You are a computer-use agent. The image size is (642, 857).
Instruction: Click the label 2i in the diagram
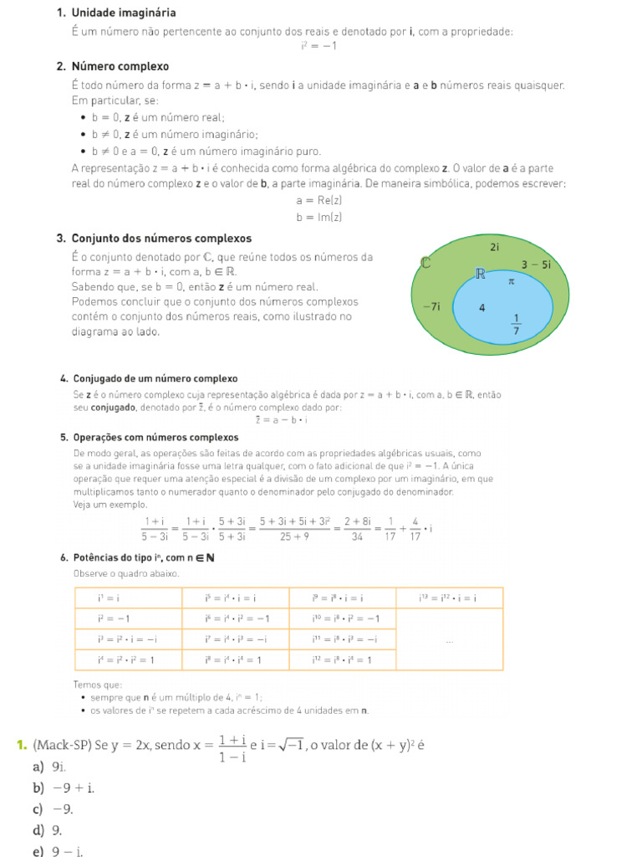click(x=494, y=247)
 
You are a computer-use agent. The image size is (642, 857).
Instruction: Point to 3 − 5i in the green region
click(x=536, y=264)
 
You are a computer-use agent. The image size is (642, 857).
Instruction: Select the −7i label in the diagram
click(x=431, y=306)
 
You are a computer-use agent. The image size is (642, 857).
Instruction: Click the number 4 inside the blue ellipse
click(x=481, y=308)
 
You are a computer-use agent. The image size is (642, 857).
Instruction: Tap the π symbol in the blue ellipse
click(x=512, y=282)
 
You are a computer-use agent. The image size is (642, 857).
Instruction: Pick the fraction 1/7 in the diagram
click(x=516, y=323)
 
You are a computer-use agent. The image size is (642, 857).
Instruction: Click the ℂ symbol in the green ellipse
click(x=425, y=263)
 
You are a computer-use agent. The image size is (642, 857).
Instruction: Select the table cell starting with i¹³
click(x=448, y=598)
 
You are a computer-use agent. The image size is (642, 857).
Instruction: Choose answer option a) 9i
click(x=50, y=767)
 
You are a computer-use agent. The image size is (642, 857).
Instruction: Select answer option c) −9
click(x=53, y=809)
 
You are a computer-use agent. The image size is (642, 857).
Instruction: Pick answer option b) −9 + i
click(x=64, y=788)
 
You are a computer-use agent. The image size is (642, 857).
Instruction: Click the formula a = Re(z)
click(x=319, y=201)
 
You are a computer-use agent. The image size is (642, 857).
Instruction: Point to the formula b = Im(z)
click(x=319, y=218)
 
